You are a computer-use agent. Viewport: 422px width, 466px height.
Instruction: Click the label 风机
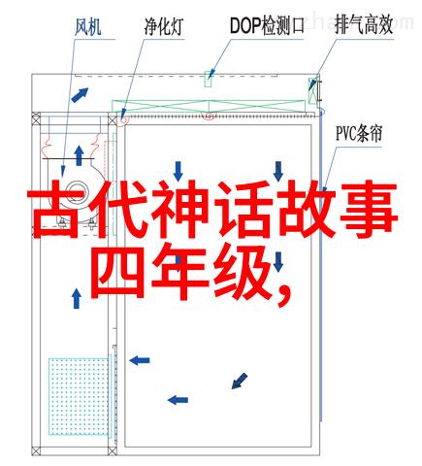[88, 26]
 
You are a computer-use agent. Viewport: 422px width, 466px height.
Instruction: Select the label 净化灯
[164, 26]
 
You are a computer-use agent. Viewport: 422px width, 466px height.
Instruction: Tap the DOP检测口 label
[267, 25]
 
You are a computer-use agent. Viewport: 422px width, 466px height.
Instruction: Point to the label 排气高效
[364, 25]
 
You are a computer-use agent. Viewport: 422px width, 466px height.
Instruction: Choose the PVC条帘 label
[359, 134]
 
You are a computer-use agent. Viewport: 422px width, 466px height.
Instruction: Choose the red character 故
[306, 211]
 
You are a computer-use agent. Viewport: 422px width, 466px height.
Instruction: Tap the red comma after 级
[284, 295]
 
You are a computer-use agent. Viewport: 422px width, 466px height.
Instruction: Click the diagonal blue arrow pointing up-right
[80, 95]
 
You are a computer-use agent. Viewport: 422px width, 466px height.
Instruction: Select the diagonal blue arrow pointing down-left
[240, 381]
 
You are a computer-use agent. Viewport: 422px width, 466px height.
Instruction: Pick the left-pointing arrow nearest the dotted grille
[140, 360]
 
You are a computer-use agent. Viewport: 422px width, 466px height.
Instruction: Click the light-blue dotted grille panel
[79, 396]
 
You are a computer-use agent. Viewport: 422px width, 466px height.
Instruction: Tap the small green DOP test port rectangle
[209, 79]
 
